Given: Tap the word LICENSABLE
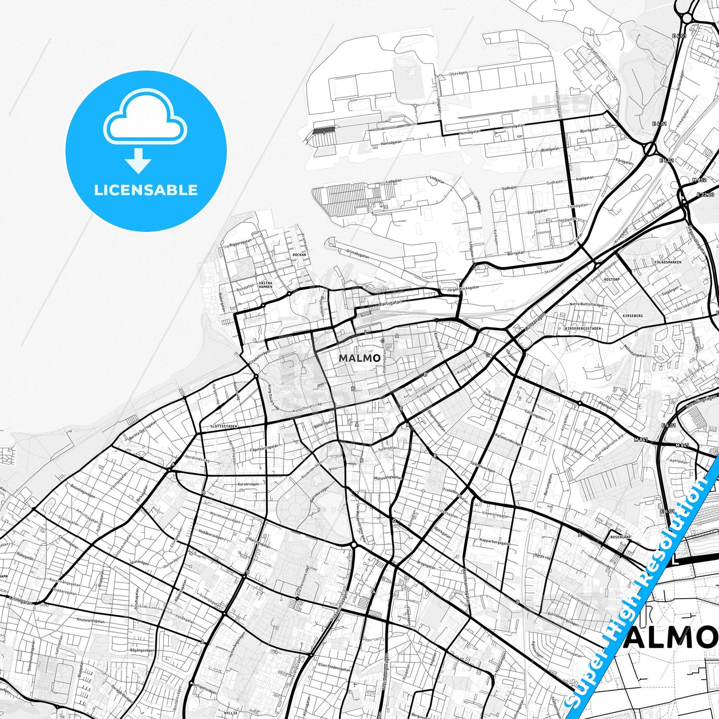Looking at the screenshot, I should click(146, 190).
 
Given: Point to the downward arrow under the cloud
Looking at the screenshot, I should click(138, 161).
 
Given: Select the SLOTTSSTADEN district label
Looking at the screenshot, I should click(223, 426).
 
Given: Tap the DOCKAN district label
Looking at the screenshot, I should click(300, 254).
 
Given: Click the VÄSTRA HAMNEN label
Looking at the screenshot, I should click(265, 285).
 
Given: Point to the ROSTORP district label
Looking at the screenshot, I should click(611, 279).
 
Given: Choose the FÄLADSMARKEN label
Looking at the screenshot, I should click(668, 262).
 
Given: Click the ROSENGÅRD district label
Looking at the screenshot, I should click(620, 537).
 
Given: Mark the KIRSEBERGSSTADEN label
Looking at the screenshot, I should click(583, 328).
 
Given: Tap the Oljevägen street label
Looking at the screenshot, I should click(458, 73).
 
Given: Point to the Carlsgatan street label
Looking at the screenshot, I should click(390, 303).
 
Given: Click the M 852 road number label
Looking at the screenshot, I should click(699, 180).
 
